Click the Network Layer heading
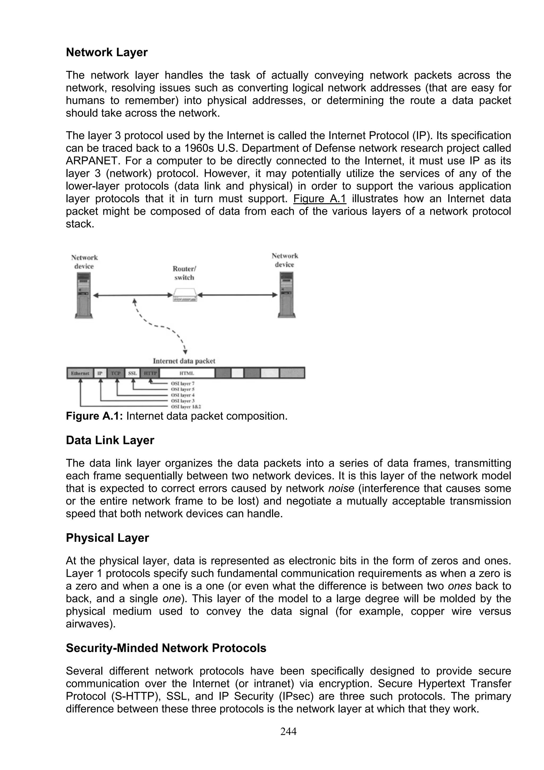[x=107, y=52]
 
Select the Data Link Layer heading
[x=110, y=440]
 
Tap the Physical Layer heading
[x=107, y=538]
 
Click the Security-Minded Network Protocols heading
[x=166, y=648]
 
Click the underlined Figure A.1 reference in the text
[x=320, y=198]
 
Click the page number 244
[x=288, y=731]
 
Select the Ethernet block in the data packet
[x=80, y=373]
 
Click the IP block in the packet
[x=100, y=373]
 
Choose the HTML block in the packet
[x=187, y=373]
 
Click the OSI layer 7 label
[x=183, y=383]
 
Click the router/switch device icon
[x=185, y=295]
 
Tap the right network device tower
[x=287, y=295]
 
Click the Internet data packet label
[x=184, y=361]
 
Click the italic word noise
[x=341, y=488]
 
